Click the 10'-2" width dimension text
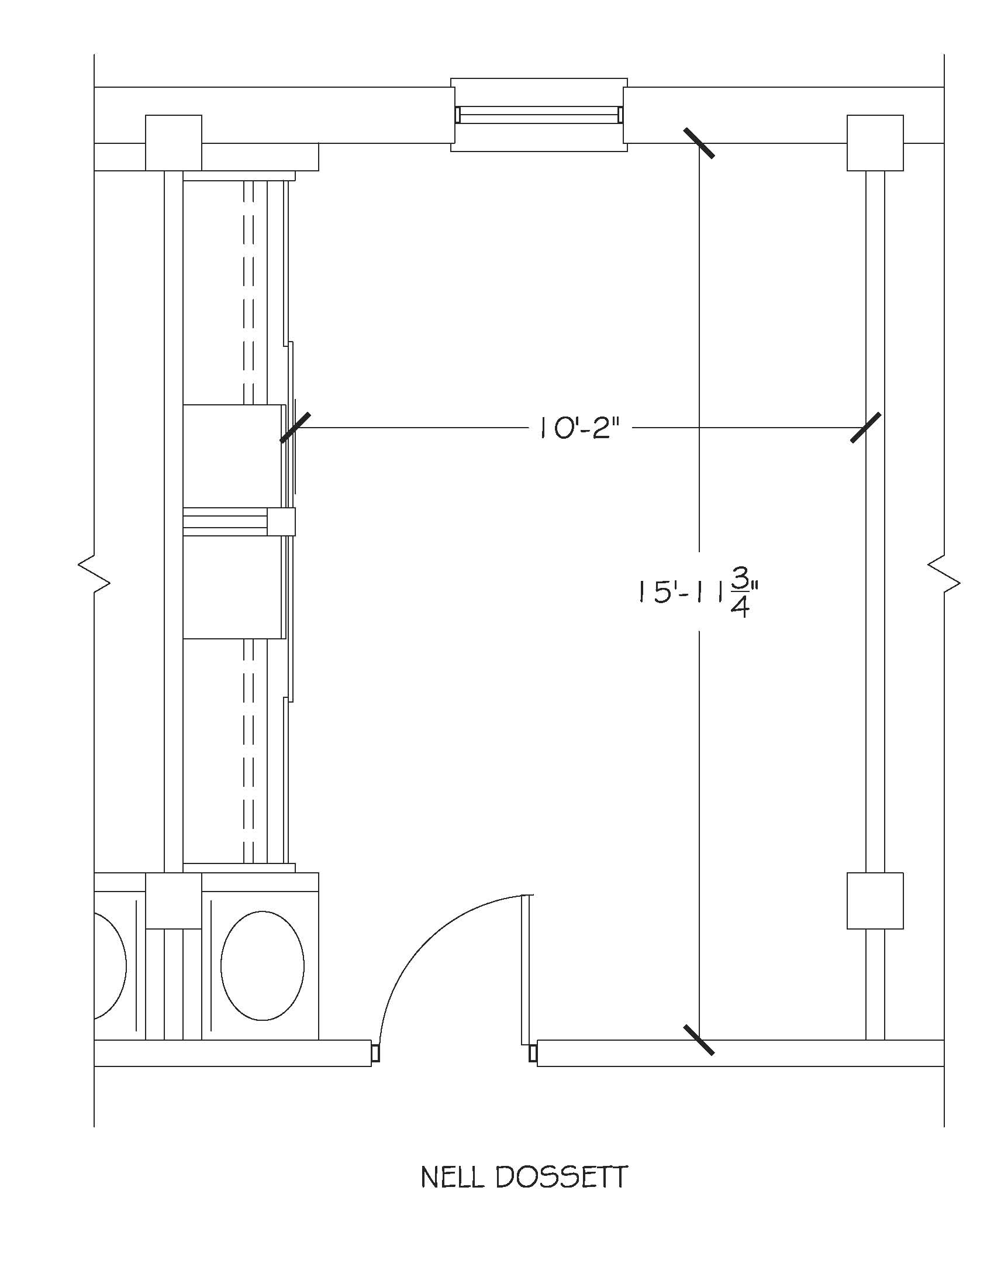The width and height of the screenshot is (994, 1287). (580, 428)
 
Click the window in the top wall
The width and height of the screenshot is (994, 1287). (539, 114)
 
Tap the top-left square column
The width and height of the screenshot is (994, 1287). (174, 143)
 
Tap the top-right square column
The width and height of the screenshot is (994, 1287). (875, 143)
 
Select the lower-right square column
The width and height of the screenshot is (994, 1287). (875, 901)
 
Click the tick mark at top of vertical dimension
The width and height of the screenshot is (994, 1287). (699, 143)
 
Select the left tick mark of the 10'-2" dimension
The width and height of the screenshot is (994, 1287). (295, 427)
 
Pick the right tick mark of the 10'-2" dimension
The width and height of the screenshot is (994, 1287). (866, 427)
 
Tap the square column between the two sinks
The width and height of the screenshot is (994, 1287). (174, 901)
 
